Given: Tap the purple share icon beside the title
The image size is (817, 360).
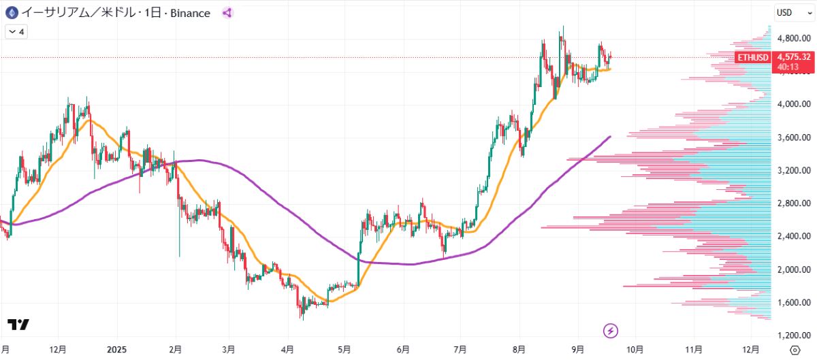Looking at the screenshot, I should [227, 12].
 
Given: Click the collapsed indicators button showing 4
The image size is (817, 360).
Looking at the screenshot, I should [16, 31].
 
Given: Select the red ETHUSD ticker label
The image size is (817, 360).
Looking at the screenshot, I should [754, 57].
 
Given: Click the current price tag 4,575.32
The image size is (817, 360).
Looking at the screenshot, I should [794, 57].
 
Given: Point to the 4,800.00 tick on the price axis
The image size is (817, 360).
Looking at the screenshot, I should [793, 38].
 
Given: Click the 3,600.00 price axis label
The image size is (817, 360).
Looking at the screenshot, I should [793, 137].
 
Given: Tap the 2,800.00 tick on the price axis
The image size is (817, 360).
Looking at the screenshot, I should [793, 203].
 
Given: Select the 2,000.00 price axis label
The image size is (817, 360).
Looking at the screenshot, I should [793, 269].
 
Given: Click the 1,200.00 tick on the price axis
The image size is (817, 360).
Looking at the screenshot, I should [793, 336].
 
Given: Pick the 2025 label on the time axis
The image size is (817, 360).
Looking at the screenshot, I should [117, 349].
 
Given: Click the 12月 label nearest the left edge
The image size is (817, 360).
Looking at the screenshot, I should [58, 349].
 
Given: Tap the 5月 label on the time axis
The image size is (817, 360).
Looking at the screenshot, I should [345, 349].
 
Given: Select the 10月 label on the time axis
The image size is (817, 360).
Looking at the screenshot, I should [635, 349].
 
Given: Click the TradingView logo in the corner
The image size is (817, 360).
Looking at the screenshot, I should [18, 325].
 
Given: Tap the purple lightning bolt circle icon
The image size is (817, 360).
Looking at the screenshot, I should [611, 331].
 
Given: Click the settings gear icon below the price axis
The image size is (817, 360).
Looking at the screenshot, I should [794, 350].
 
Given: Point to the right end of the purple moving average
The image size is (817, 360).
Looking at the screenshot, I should [610, 137].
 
